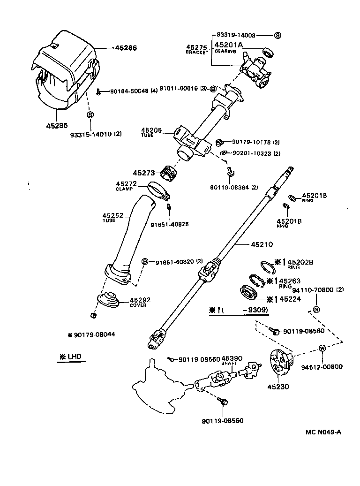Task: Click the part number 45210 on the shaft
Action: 262,244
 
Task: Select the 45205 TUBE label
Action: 151,132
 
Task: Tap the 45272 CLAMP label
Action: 126,186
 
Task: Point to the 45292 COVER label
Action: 140,302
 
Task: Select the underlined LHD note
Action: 70,357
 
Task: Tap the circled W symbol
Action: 322,348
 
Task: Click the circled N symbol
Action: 316,309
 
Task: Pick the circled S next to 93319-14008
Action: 277,36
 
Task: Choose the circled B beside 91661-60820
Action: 145,261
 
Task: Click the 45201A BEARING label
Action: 228,47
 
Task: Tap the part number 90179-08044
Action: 94,334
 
